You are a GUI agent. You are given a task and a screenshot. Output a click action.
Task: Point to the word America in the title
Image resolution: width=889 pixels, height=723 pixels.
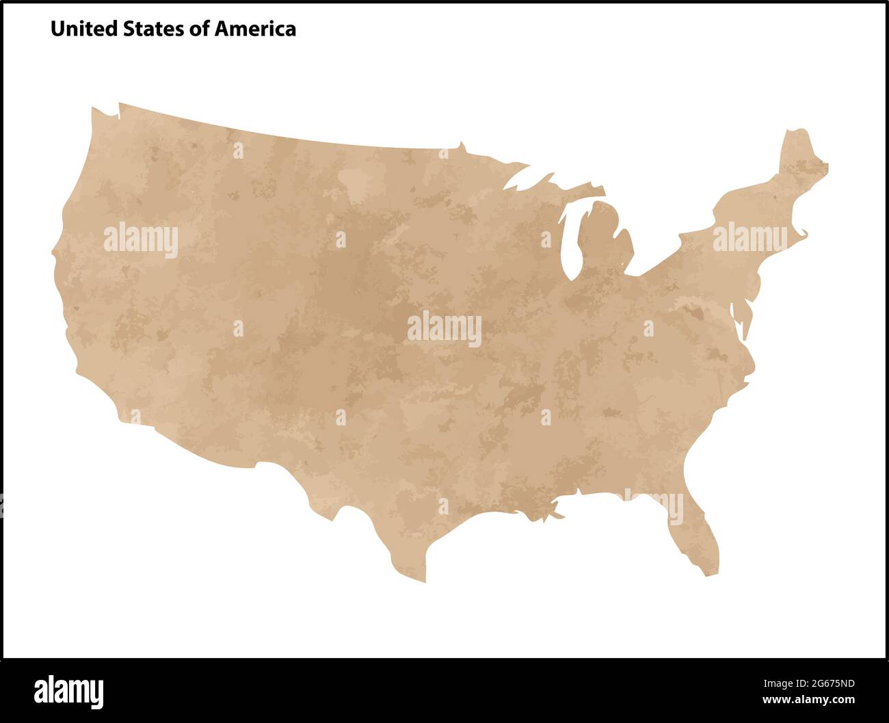pyautogui.click(x=254, y=29)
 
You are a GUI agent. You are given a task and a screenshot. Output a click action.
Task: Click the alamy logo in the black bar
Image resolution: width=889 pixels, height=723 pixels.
pyautogui.click(x=69, y=691)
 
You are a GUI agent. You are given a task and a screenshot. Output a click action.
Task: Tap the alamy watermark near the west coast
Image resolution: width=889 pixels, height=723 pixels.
pyautogui.click(x=141, y=241)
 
